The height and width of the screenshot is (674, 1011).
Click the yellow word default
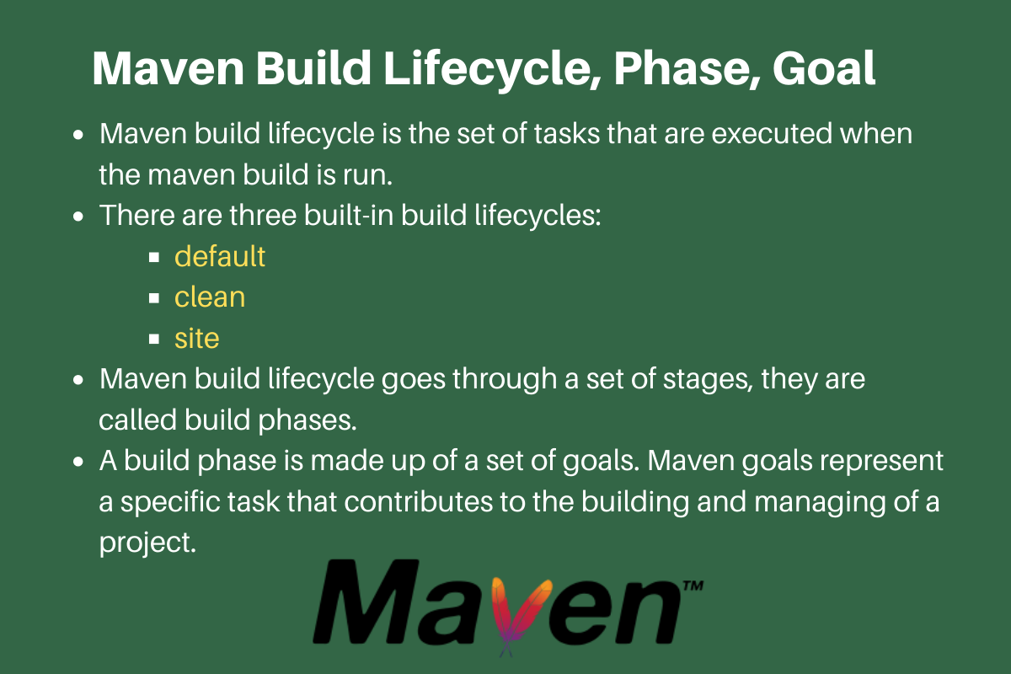pyautogui.click(x=220, y=256)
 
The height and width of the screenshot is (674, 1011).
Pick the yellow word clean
pyautogui.click(x=210, y=297)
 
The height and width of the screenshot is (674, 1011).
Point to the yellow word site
pyautogui.click(x=197, y=339)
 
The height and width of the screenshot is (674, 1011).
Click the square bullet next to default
pyautogui.click(x=154, y=257)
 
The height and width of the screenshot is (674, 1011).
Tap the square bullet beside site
pyautogui.click(x=154, y=340)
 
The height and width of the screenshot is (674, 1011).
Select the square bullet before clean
pyautogui.click(x=154, y=298)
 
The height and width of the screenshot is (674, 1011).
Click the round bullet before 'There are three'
pyautogui.click(x=78, y=217)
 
